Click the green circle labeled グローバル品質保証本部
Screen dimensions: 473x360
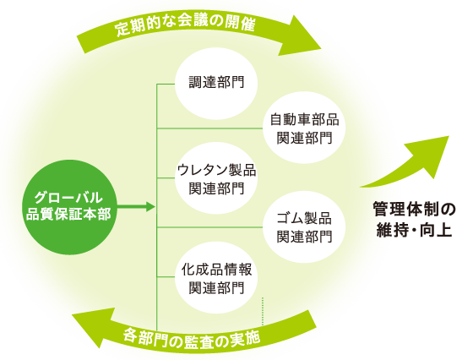(x=69, y=207)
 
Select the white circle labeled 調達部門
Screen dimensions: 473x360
(x=216, y=84)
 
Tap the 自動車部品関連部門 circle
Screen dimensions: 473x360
(x=304, y=128)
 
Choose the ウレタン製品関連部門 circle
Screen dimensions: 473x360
(x=216, y=178)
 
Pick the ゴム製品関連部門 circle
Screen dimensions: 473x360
(x=304, y=227)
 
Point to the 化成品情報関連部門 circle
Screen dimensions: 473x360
(x=216, y=277)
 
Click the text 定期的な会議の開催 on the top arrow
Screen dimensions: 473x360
(x=185, y=25)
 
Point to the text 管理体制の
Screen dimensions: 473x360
(x=414, y=209)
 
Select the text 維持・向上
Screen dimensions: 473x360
(x=414, y=231)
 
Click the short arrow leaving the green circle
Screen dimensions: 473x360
(x=136, y=207)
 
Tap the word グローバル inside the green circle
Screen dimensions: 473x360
(x=68, y=198)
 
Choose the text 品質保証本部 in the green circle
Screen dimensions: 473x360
(x=68, y=215)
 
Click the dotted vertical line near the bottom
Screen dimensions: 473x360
(x=263, y=312)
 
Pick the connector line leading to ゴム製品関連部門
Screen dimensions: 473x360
(x=210, y=227)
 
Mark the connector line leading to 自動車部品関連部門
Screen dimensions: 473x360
(x=210, y=128)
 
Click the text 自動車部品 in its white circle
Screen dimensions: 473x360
(x=304, y=120)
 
